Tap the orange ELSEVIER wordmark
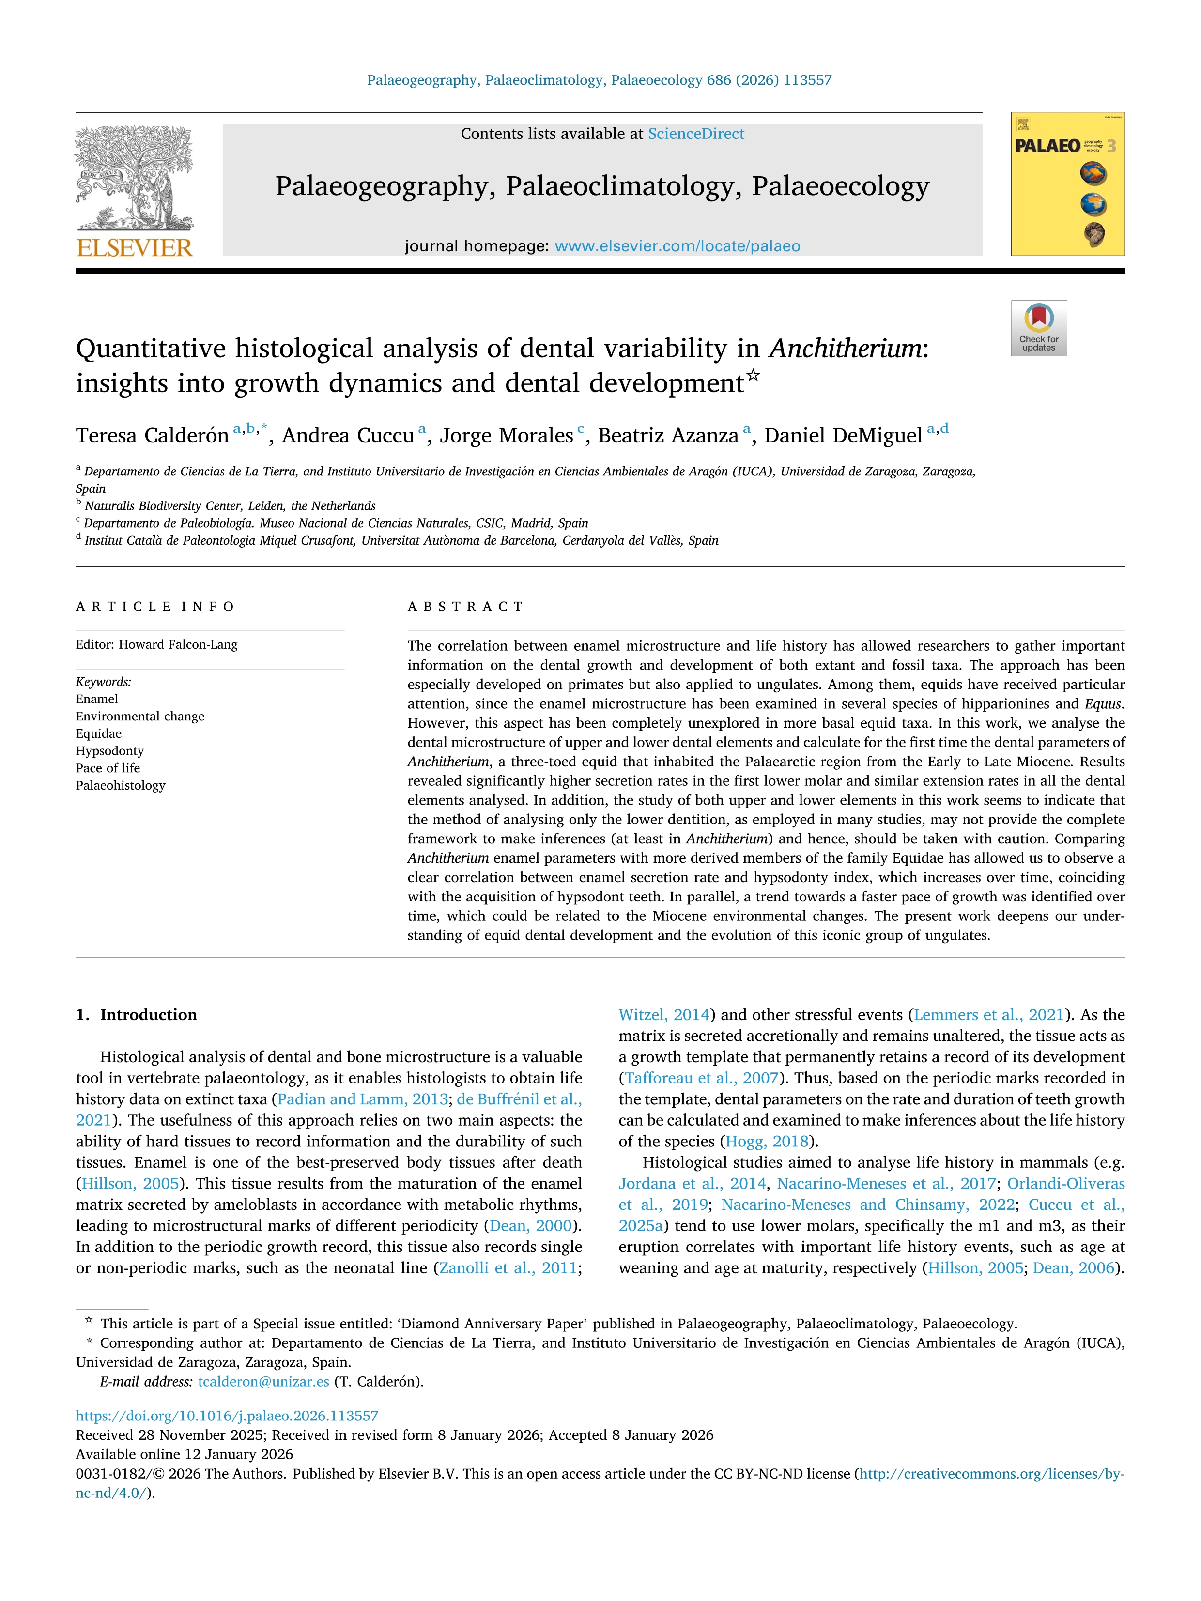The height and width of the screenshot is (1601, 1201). click(135, 248)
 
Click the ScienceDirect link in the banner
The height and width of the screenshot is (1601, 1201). click(696, 134)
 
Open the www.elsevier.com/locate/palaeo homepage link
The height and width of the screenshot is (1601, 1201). click(677, 246)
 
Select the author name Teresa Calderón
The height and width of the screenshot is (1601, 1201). click(152, 436)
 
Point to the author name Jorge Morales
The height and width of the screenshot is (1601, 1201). click(506, 436)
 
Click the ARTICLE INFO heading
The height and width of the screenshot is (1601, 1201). click(155, 607)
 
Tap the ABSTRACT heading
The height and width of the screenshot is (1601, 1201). click(465, 607)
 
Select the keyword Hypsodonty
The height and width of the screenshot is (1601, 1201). click(110, 750)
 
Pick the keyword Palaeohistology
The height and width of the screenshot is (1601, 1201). click(120, 785)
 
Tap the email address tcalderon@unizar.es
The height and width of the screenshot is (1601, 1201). click(263, 1381)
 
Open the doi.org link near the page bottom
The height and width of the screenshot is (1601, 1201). click(227, 1416)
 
